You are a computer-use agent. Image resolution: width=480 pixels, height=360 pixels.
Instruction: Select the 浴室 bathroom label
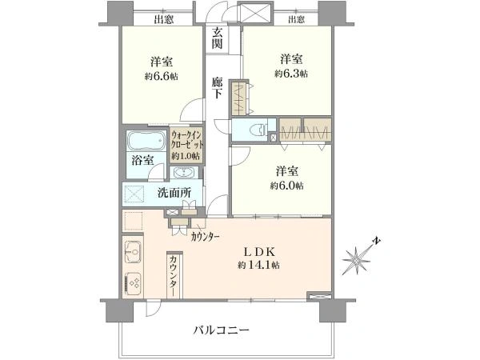coord(142,161)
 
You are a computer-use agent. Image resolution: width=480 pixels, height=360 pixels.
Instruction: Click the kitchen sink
coord(133,252)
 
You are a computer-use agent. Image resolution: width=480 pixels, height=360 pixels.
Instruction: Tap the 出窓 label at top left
coord(165,19)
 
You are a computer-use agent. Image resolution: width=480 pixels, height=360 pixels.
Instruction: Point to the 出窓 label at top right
coord(296,19)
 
